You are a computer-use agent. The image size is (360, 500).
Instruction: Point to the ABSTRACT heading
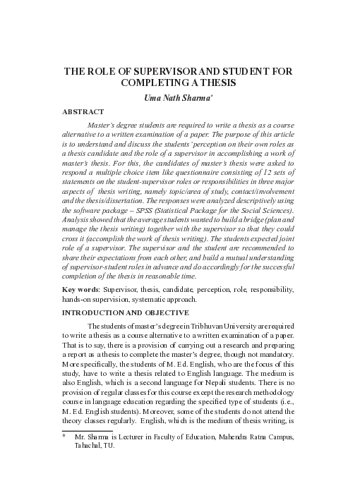point(83,112)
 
